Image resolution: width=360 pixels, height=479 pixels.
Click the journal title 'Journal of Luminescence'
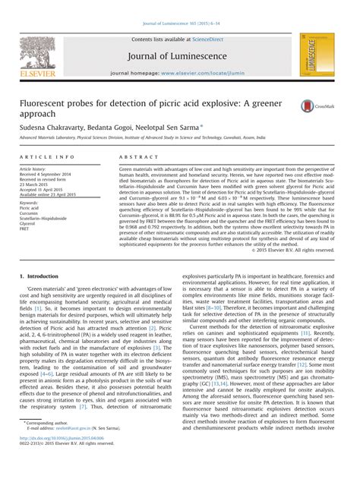[180, 55]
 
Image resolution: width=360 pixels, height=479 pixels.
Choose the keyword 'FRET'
[26, 230]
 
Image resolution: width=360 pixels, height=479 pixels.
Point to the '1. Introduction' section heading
[43, 276]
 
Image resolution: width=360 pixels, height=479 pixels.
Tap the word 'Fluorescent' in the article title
[47, 100]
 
